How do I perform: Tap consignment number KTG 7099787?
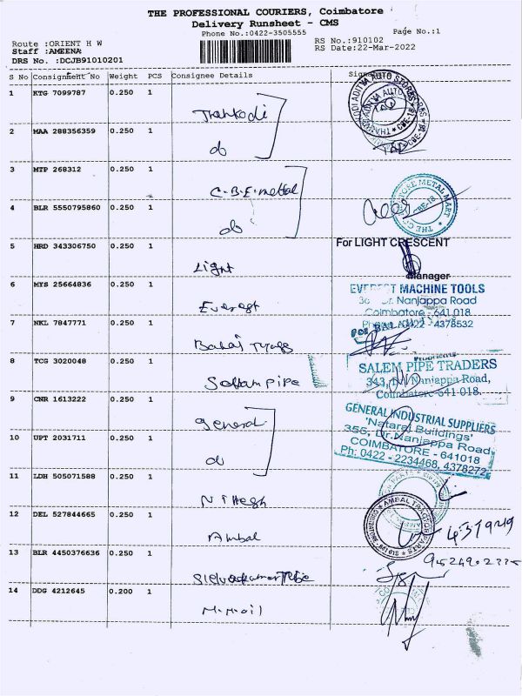pyautogui.click(x=59, y=93)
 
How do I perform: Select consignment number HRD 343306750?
pyautogui.click(x=64, y=246)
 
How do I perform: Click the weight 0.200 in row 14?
pyautogui.click(x=121, y=592)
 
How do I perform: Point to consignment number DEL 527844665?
pyautogui.click(x=64, y=514)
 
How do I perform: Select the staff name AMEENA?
pyautogui.click(x=52, y=51)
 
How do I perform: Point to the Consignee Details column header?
pyautogui.click(x=212, y=76)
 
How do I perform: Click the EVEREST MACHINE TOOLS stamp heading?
pyautogui.click(x=417, y=289)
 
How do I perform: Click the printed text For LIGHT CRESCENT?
pyautogui.click(x=392, y=243)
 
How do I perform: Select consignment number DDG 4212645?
pyautogui.click(x=59, y=592)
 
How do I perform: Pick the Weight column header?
pyautogui.click(x=123, y=76)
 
